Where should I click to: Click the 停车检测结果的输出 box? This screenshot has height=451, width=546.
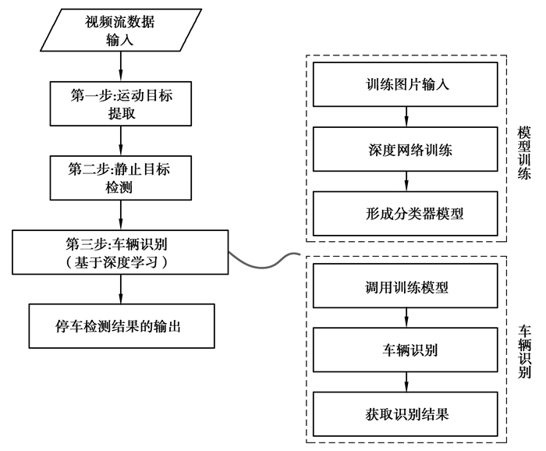120,325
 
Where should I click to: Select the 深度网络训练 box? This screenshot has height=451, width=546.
406,147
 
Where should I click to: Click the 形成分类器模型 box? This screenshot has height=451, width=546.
406,211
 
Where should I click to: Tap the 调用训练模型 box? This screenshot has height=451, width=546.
406,286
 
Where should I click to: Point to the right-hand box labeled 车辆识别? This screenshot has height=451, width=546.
406,350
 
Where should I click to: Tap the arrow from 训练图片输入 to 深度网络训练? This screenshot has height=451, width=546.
406,116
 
